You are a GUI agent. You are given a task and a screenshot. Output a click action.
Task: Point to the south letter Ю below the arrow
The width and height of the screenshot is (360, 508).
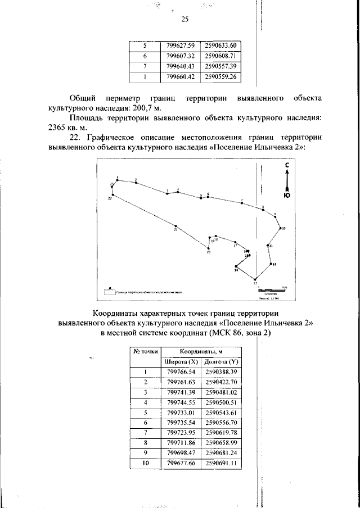click(x=287, y=196)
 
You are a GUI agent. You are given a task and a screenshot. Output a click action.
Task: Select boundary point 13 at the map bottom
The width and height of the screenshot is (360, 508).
click(x=255, y=279)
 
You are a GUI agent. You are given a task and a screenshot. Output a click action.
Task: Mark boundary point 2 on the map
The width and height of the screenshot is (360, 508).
click(x=136, y=183)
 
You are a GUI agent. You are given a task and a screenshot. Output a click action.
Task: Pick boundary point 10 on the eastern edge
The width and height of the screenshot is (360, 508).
click(x=281, y=228)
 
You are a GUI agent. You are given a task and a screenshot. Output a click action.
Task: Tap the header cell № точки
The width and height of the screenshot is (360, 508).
click(x=145, y=351)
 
